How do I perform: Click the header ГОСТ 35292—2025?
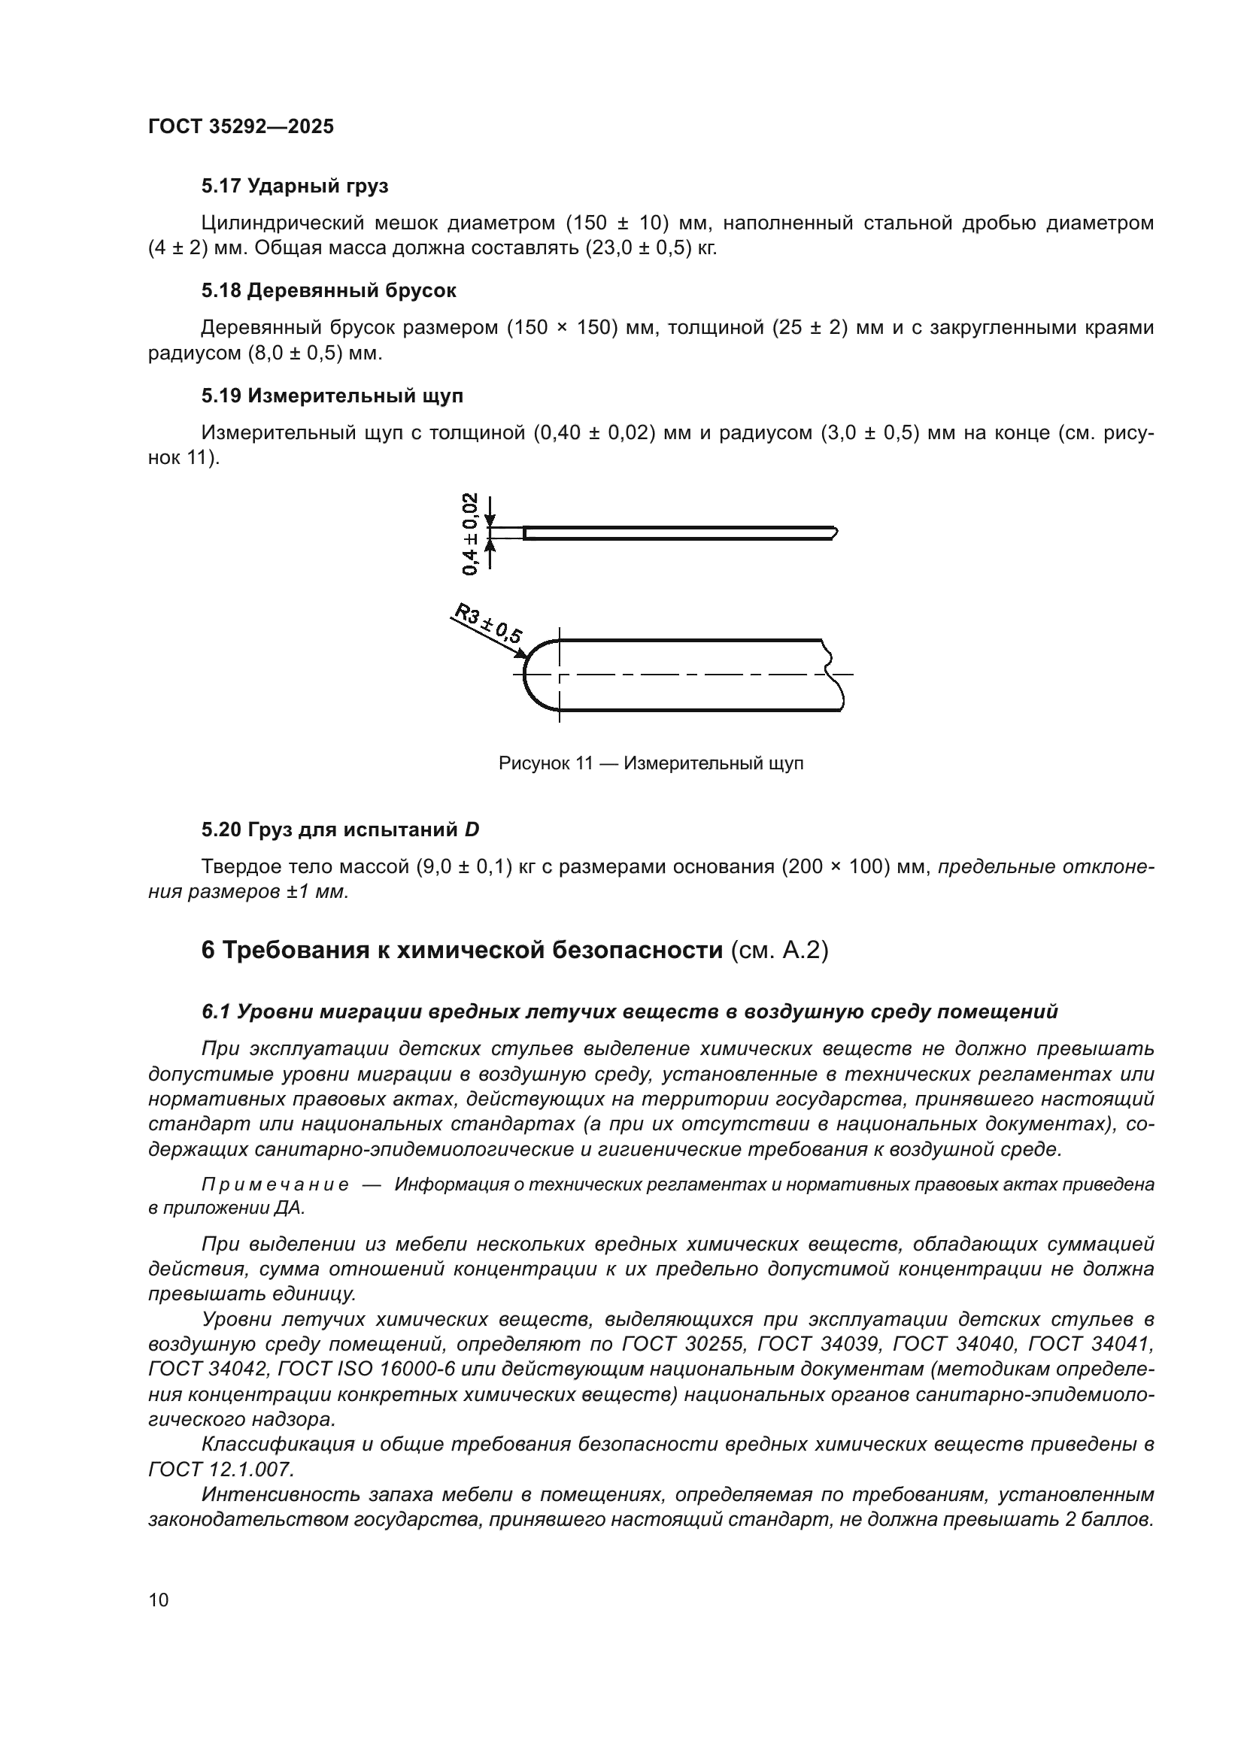[241, 127]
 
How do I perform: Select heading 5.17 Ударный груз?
[295, 187]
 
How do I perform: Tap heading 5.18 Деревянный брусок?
[329, 291]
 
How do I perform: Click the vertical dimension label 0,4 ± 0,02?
[470, 534]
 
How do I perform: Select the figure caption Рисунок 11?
[651, 764]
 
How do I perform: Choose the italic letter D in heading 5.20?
[472, 829]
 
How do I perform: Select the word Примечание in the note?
[275, 1185]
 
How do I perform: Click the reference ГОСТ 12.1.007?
[220, 1469]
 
